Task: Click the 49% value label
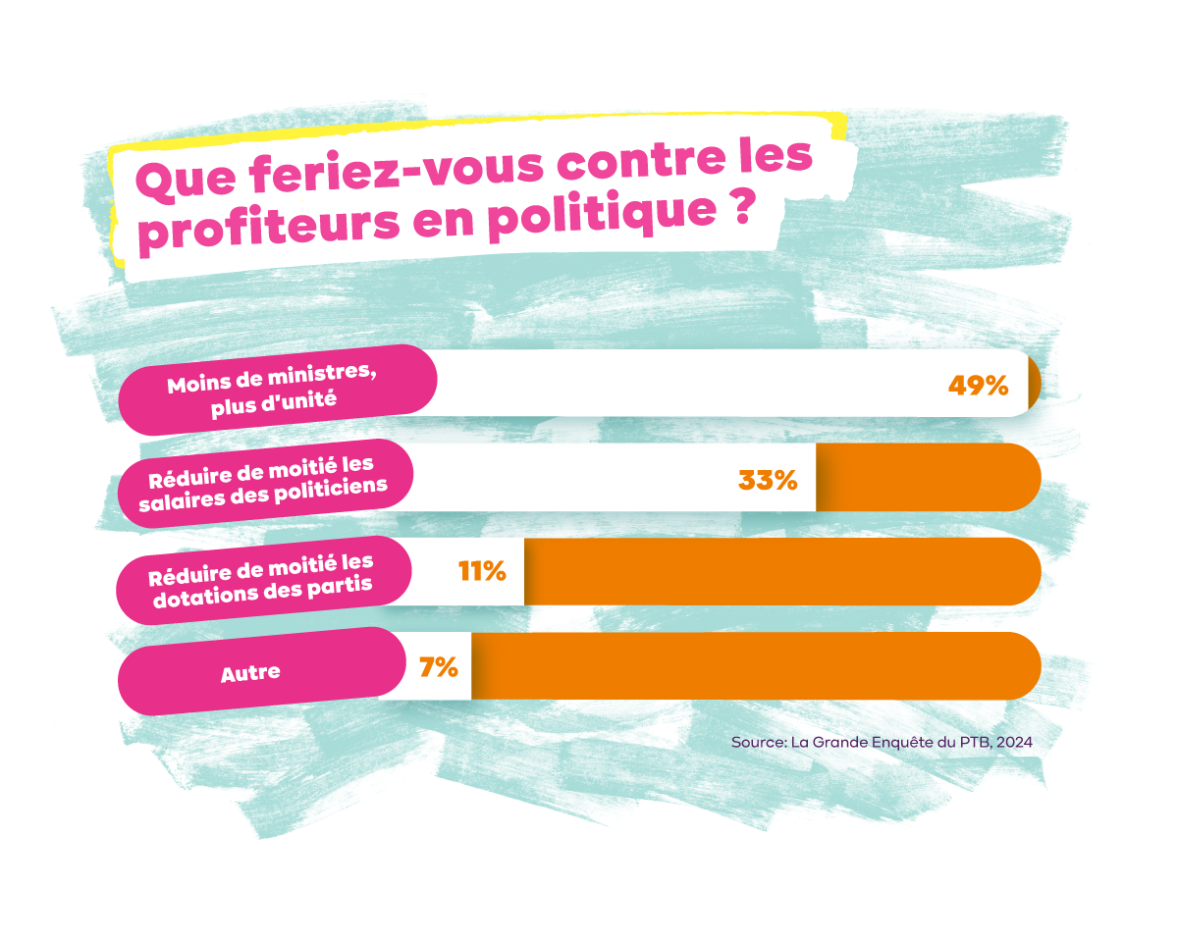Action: [x=978, y=386]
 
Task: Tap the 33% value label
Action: [x=767, y=481]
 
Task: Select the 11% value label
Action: [x=482, y=571]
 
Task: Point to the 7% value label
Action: [x=439, y=667]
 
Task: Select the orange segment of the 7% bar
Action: [x=756, y=666]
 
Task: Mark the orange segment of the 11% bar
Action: [x=780, y=571]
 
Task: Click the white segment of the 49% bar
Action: [x=687, y=383]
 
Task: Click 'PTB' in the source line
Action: [x=974, y=743]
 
